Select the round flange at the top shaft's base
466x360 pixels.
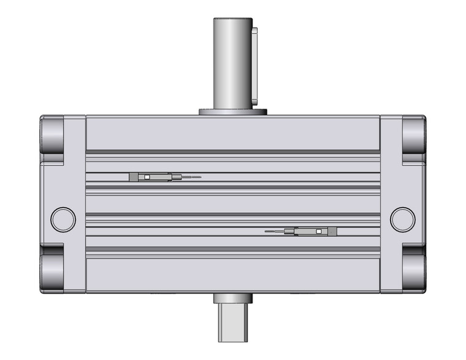tap(233, 112)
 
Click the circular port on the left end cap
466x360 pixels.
tap(63, 219)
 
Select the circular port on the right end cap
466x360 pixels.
tap(402, 219)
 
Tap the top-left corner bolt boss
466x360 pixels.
tap(53, 139)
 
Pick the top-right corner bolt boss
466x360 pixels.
tap(414, 139)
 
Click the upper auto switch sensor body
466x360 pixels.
tap(151, 177)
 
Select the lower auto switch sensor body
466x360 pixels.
tap(316, 231)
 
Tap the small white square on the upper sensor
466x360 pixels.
tap(147, 177)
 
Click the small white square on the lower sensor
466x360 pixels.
tap(319, 231)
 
